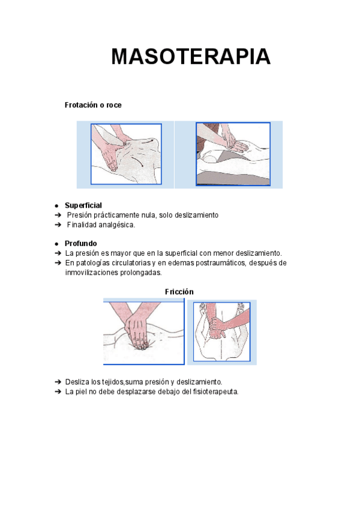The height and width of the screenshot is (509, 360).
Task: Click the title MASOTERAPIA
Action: (191, 57)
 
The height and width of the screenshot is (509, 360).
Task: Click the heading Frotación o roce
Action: (93, 105)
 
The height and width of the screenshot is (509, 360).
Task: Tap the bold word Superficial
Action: (83, 205)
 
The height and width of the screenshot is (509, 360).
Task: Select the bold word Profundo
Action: (81, 244)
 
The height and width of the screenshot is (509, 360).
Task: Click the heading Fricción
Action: (179, 292)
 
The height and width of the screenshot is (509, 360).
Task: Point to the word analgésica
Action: (114, 225)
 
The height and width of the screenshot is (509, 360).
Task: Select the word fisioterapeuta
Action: (214, 391)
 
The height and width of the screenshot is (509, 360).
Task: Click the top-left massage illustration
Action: (126, 154)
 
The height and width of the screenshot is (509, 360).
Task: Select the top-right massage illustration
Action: (233, 154)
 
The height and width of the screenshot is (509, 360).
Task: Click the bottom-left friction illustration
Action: (144, 332)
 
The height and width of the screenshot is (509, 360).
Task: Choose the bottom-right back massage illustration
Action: (221, 333)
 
